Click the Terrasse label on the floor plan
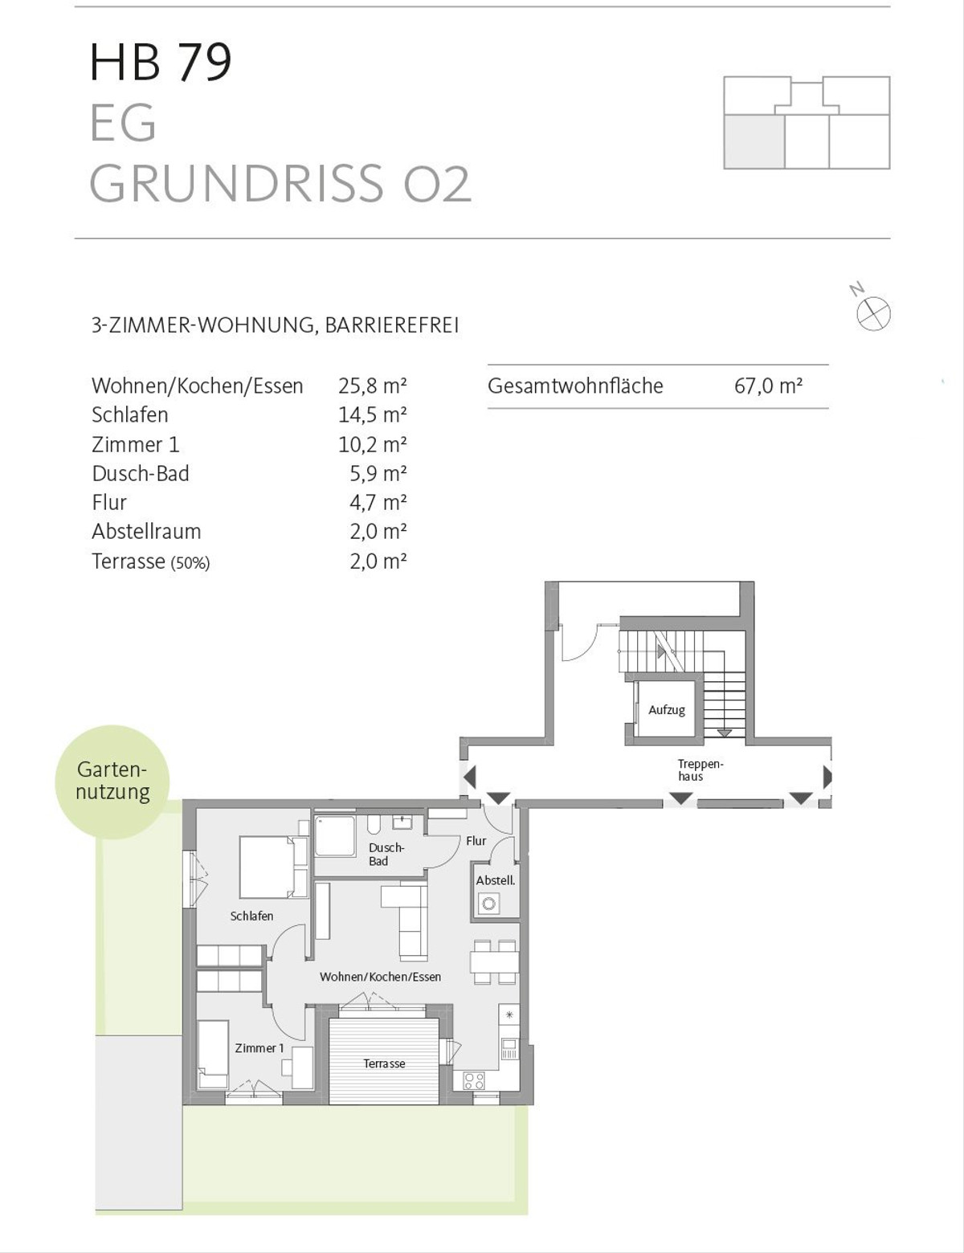point(384,1064)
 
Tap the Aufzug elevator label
point(667,710)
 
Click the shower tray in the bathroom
point(334,836)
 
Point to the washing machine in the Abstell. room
point(489,903)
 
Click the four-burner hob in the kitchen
point(475,1080)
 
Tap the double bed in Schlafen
point(274,867)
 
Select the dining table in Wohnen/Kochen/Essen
point(495,961)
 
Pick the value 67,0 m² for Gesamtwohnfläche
point(768,386)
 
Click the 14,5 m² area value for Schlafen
point(373,415)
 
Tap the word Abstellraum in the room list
point(146,531)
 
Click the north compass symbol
point(873,314)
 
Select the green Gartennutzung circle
point(112,782)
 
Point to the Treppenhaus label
point(700,769)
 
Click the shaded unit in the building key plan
point(754,141)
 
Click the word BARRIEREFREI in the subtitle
point(392,326)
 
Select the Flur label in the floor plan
point(476,841)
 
